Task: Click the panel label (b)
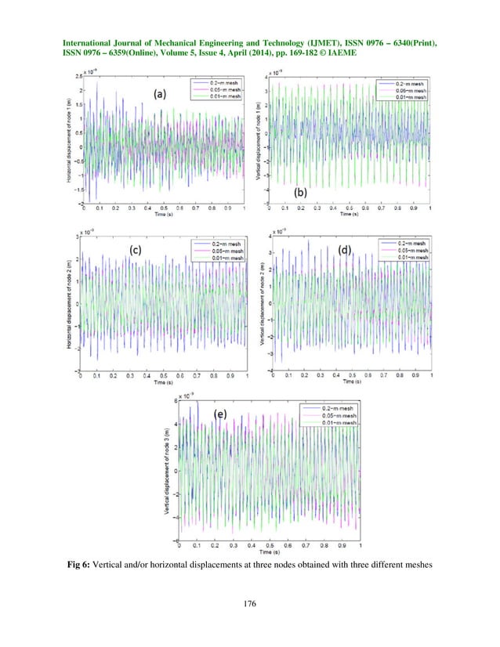(x=299, y=190)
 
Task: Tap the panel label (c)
(x=136, y=251)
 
